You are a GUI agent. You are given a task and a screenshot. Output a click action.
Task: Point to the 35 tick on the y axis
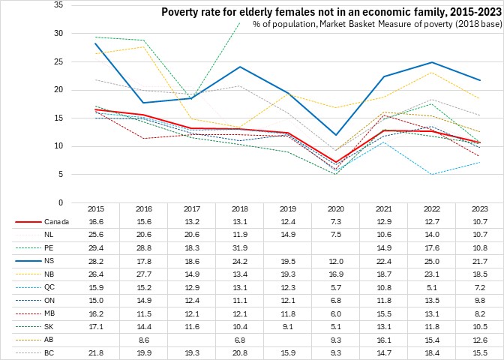(58, 5)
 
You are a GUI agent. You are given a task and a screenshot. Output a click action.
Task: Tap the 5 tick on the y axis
(60, 174)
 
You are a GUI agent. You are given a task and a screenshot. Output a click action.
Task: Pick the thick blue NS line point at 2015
(96, 43)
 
